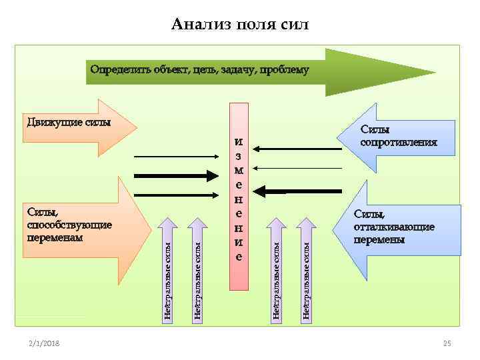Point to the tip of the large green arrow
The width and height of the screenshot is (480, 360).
click(434, 72)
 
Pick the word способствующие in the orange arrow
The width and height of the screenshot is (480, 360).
click(69, 225)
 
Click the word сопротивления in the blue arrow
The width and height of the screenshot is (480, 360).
click(399, 142)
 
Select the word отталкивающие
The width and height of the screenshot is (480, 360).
click(394, 227)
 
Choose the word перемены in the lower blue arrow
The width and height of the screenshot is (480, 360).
click(379, 239)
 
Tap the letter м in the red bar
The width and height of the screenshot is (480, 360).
click(239, 171)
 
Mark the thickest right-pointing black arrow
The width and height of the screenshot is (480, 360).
click(177, 175)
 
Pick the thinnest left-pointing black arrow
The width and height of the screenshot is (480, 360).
click(299, 168)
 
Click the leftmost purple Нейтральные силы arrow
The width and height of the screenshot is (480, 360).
click(168, 270)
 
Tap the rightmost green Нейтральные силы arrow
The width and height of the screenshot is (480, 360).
click(305, 270)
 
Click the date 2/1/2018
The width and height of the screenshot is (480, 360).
click(44, 343)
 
